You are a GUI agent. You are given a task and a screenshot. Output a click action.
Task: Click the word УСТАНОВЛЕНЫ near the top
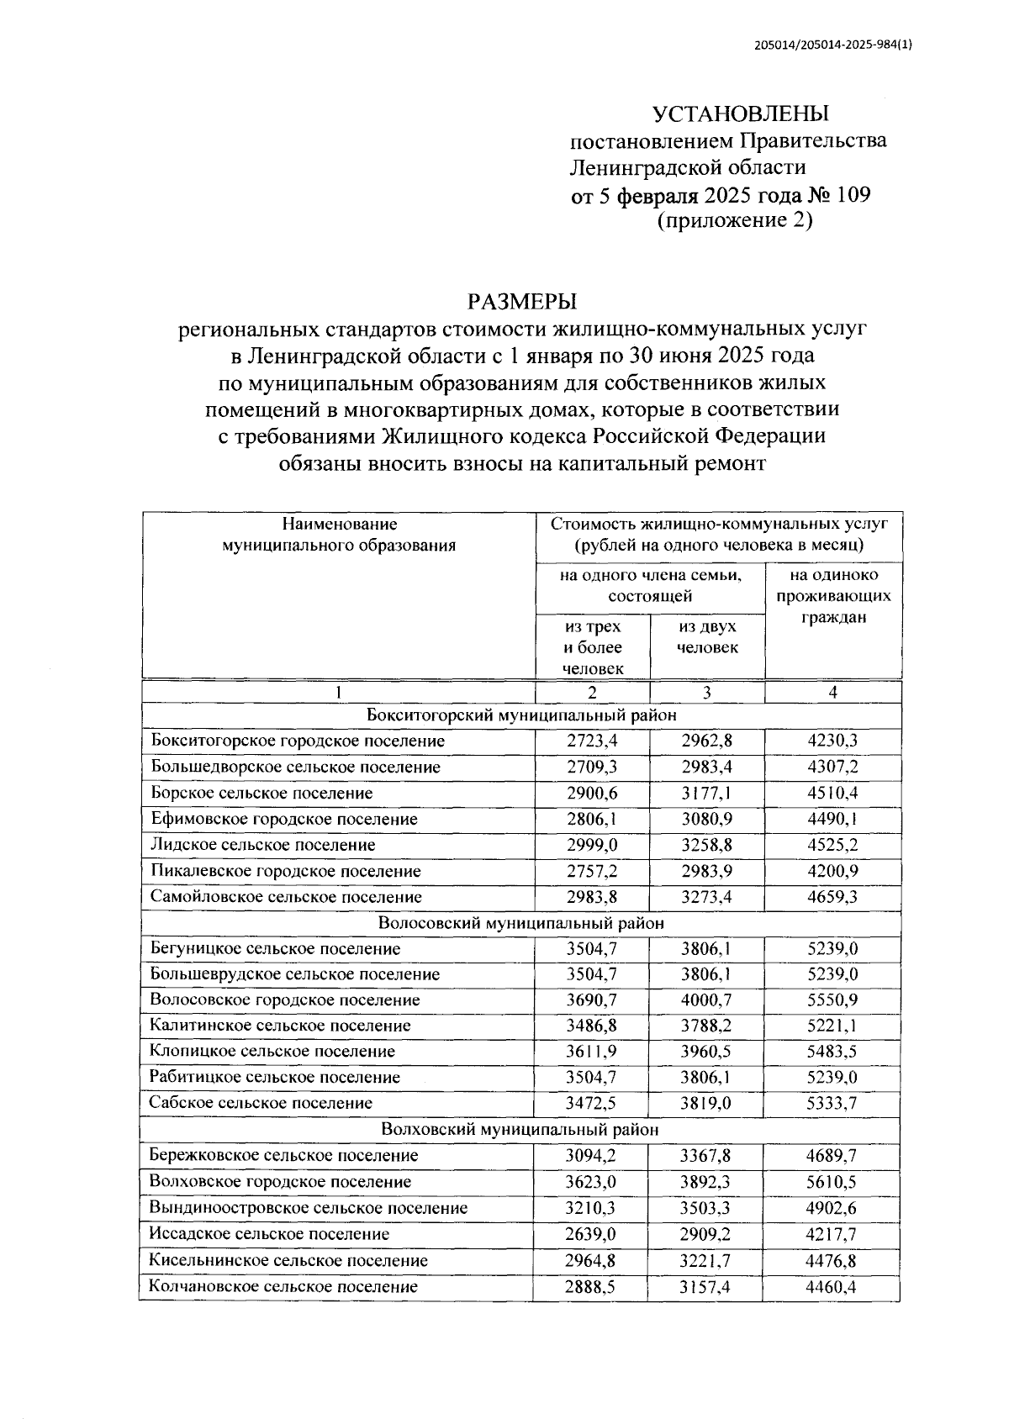(x=741, y=113)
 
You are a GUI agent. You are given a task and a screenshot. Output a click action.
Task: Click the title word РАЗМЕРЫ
(x=522, y=300)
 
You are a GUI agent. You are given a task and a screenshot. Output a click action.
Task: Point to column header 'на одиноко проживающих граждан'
(x=832, y=596)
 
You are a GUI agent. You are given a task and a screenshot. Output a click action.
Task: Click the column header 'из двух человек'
(x=707, y=636)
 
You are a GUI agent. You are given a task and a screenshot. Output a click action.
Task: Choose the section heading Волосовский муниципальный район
(x=520, y=922)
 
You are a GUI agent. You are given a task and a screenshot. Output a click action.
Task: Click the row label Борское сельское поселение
(x=261, y=793)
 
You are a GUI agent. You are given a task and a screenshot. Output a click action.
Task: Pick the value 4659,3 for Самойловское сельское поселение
(x=832, y=897)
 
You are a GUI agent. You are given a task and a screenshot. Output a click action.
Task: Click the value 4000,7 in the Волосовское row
(x=705, y=1000)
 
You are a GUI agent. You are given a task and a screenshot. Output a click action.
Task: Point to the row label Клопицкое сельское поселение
(x=272, y=1052)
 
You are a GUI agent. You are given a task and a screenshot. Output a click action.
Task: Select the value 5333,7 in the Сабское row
(x=832, y=1103)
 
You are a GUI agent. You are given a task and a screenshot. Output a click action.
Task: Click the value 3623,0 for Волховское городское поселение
(x=591, y=1181)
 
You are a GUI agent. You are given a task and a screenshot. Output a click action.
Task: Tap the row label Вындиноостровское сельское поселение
(x=308, y=1208)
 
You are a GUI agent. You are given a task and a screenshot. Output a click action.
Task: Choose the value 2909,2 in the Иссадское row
(x=705, y=1234)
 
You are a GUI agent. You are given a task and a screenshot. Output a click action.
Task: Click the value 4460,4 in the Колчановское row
(x=832, y=1286)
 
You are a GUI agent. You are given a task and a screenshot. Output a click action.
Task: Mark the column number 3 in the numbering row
(x=706, y=693)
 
